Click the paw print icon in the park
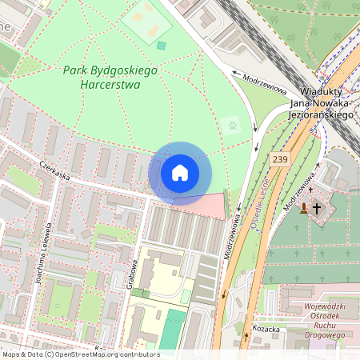click(x=233, y=125)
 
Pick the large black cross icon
click(x=317, y=209)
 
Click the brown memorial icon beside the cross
click(x=303, y=209)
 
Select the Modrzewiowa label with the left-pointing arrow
click(x=263, y=83)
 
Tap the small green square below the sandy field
click(x=161, y=46)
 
